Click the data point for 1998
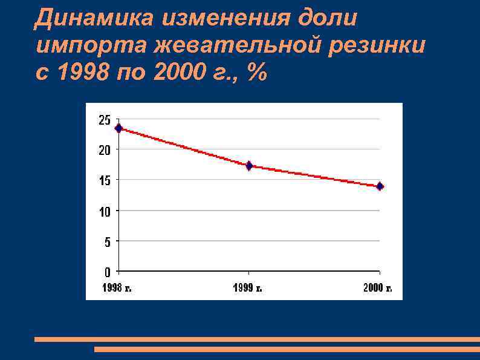coord(118,128)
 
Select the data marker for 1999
coord(249,165)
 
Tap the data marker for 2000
coord(380,186)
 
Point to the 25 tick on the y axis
coord(105,120)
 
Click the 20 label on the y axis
coord(105,150)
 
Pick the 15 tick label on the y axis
coord(105,180)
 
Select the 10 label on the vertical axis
coord(105,211)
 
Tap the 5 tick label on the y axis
coord(107,241)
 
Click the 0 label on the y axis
coord(107,271)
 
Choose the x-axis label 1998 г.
coord(117,288)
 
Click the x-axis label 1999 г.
coord(248,288)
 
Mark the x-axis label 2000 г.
coord(378,288)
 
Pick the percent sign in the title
coord(256,73)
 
